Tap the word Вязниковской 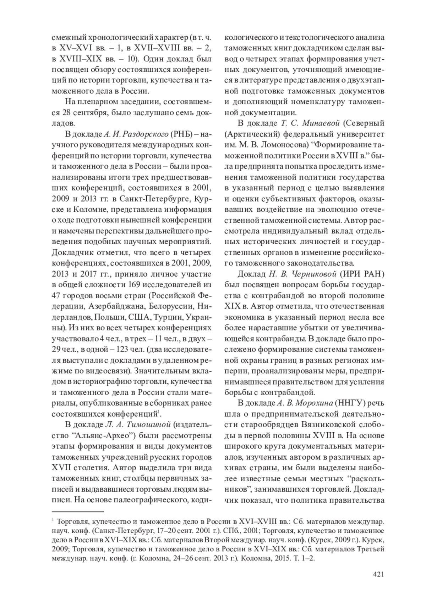coord(330,425)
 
